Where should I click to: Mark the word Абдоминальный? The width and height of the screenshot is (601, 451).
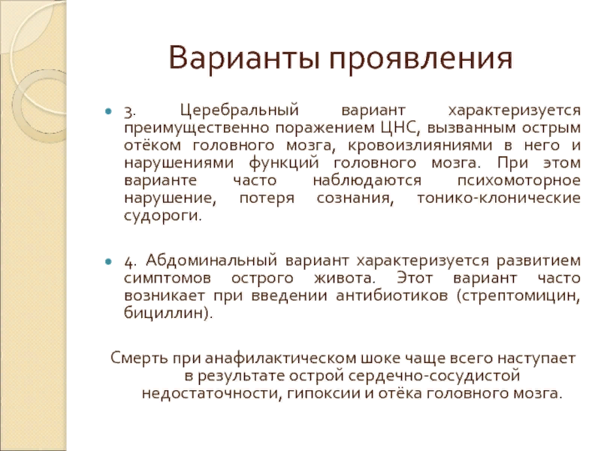pyautogui.click(x=211, y=262)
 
